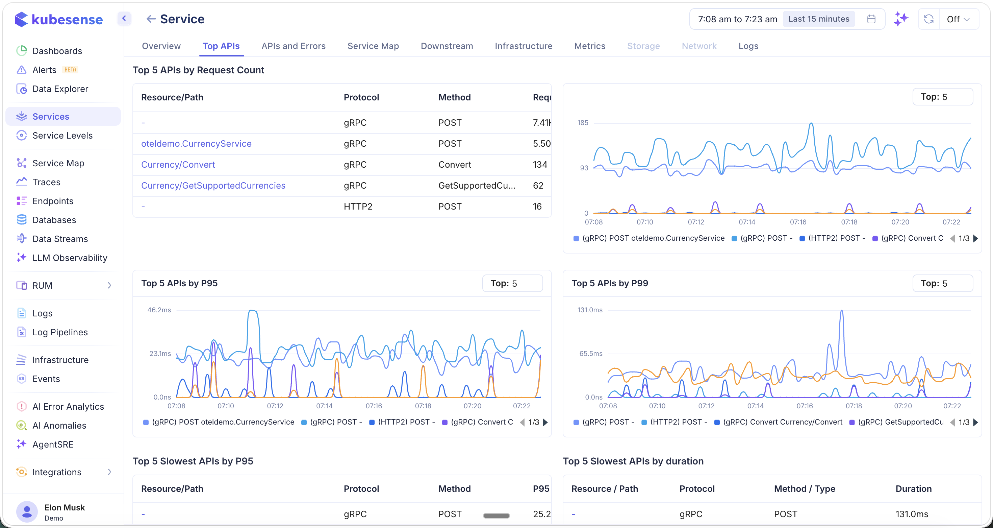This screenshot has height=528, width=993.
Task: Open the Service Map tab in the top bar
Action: tap(373, 46)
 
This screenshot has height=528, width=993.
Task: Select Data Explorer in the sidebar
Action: tap(60, 89)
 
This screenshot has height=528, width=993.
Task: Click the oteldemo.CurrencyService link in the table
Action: tap(196, 143)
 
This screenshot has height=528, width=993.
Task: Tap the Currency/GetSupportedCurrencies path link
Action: tap(213, 186)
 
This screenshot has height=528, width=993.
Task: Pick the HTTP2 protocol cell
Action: tap(358, 206)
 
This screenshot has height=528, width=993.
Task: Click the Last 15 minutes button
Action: tap(818, 19)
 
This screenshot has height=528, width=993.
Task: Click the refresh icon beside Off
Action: tap(928, 19)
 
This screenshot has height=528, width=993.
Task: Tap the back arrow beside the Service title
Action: tap(151, 19)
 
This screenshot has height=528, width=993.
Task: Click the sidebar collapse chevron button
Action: tap(124, 18)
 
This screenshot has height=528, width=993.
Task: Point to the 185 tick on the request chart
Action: tap(583, 123)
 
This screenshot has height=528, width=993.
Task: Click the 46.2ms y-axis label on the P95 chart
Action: tap(159, 310)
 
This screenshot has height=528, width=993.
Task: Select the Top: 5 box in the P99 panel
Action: tap(942, 284)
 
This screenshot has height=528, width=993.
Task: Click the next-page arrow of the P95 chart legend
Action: tap(545, 422)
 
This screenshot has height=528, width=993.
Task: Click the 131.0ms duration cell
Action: tap(911, 514)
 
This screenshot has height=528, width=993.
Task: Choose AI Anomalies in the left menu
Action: tap(59, 425)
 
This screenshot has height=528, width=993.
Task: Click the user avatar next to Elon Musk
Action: tap(27, 512)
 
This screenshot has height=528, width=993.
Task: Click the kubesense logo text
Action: tap(67, 19)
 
